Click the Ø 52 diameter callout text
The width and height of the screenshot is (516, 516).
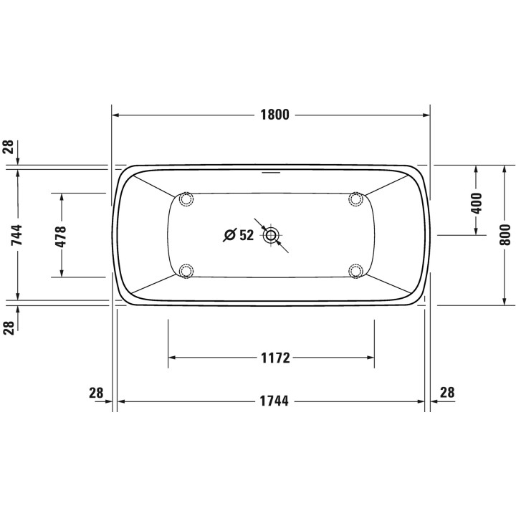[x=239, y=235]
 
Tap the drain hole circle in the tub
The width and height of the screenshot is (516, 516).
[x=272, y=235]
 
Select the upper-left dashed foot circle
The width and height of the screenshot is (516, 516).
[x=186, y=200]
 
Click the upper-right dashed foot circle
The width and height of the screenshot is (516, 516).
[x=356, y=200]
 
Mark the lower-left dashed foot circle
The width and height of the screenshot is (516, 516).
[x=186, y=270]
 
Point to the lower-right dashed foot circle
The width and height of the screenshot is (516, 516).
[x=356, y=270]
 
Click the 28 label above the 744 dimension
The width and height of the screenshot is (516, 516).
[x=9, y=147]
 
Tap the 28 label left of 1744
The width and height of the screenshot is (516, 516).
[x=96, y=393]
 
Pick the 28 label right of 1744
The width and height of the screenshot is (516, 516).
[x=446, y=393]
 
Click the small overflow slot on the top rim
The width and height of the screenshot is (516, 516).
[x=272, y=172]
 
